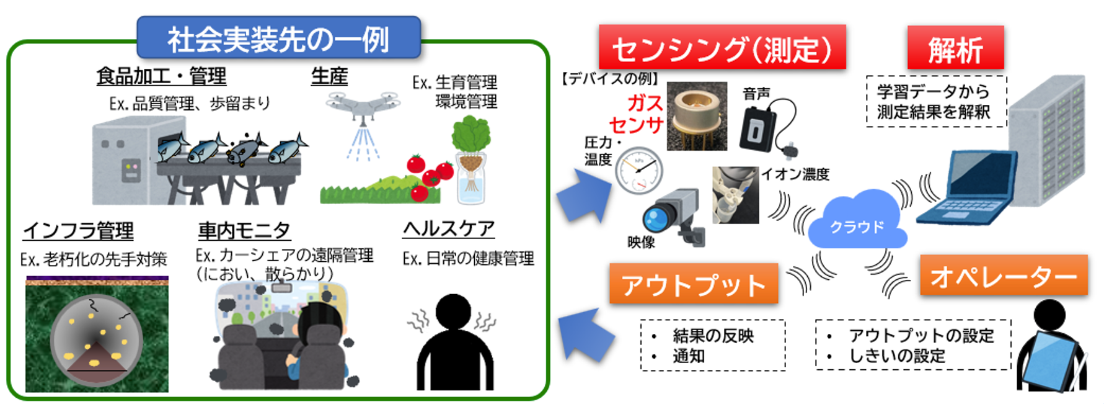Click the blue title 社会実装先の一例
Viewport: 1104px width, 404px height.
(278, 38)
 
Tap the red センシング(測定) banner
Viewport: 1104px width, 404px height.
(722, 48)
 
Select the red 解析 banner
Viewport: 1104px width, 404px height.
(955, 48)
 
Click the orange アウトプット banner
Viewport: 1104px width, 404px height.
(694, 284)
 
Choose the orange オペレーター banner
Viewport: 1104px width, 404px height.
(1004, 276)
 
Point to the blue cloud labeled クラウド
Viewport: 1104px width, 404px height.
(857, 223)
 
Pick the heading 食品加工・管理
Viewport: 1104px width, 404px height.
(161, 76)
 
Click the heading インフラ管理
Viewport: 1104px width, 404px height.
(78, 231)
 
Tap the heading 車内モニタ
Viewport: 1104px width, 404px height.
(244, 231)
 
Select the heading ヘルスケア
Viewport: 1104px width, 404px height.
(449, 229)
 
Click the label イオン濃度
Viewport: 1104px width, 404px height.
(795, 174)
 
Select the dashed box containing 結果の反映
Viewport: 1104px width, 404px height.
(713, 346)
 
